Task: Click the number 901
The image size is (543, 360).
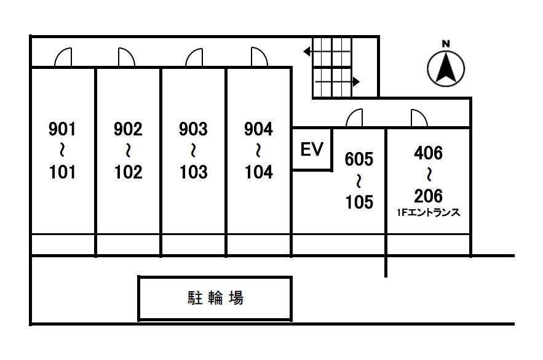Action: coord(61,129)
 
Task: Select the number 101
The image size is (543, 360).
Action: coord(61,172)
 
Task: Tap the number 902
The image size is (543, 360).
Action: coord(128,129)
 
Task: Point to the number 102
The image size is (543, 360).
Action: coord(128,172)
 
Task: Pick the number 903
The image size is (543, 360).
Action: coord(193,129)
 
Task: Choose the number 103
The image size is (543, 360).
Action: coord(193,172)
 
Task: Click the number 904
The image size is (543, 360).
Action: coord(258,129)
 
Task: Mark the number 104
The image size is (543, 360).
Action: coord(258,172)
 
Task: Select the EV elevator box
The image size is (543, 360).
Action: coord(312,150)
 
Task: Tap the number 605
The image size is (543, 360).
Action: coord(359,159)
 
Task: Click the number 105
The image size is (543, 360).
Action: coord(359,202)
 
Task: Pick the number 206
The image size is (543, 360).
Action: coord(429,196)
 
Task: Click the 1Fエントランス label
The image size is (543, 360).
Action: coord(429,213)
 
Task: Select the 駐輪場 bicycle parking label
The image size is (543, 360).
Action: coord(215,298)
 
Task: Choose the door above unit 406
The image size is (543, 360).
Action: coord(418,118)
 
